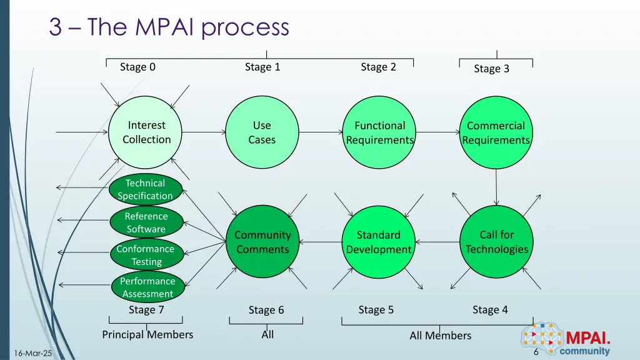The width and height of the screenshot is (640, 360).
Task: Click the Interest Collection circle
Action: (x=146, y=132)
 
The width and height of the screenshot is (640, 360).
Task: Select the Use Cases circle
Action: (x=262, y=132)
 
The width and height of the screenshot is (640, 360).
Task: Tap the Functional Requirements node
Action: (x=380, y=132)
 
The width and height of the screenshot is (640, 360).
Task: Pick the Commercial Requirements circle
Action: (x=496, y=132)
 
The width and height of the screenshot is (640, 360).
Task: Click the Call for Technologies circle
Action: (x=496, y=242)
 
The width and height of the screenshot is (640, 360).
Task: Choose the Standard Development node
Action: (x=379, y=242)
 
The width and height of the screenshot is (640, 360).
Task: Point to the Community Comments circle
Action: (x=262, y=242)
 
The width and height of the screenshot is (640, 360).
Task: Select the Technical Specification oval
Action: (x=146, y=189)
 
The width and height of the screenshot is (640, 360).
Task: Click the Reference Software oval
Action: (x=146, y=222)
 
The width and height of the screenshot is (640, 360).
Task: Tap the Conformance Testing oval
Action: (x=146, y=255)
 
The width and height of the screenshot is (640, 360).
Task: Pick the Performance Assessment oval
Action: (x=147, y=287)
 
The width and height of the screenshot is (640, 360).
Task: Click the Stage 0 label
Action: (x=137, y=67)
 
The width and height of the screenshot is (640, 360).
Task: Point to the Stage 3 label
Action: (x=491, y=69)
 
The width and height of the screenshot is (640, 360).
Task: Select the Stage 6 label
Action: (x=266, y=310)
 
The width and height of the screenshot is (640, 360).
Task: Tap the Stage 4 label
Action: (x=490, y=309)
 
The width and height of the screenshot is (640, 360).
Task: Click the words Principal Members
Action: (x=147, y=334)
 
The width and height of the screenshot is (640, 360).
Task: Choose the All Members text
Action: (x=440, y=336)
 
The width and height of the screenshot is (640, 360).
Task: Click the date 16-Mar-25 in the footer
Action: (x=32, y=354)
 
